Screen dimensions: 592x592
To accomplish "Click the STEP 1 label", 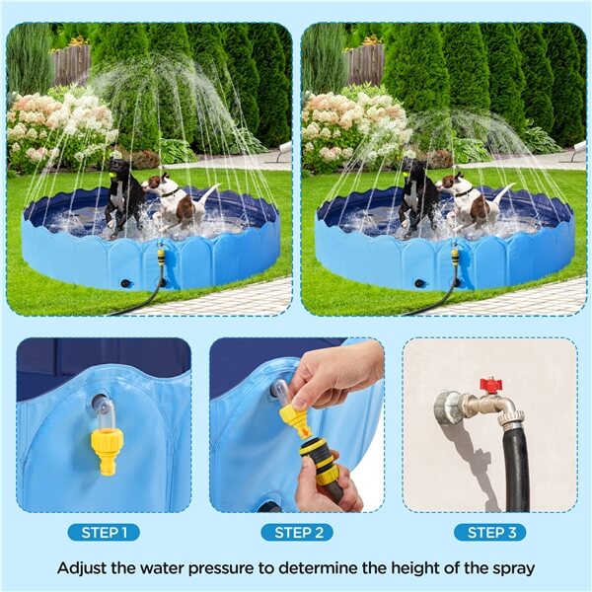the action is click(104, 533).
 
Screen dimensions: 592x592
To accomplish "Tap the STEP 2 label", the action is click(297, 533).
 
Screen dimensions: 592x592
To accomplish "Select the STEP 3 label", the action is click(490, 533).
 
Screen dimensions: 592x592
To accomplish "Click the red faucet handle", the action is click(491, 385).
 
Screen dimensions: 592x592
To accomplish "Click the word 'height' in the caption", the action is click(412, 568).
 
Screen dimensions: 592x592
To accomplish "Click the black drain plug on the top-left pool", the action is click(124, 283).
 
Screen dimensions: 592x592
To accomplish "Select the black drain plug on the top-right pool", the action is click(418, 283).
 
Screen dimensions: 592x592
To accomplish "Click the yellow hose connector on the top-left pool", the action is click(161, 257).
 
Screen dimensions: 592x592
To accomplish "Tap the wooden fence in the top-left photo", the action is click(71, 64).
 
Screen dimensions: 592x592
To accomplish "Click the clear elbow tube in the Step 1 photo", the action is click(107, 412).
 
